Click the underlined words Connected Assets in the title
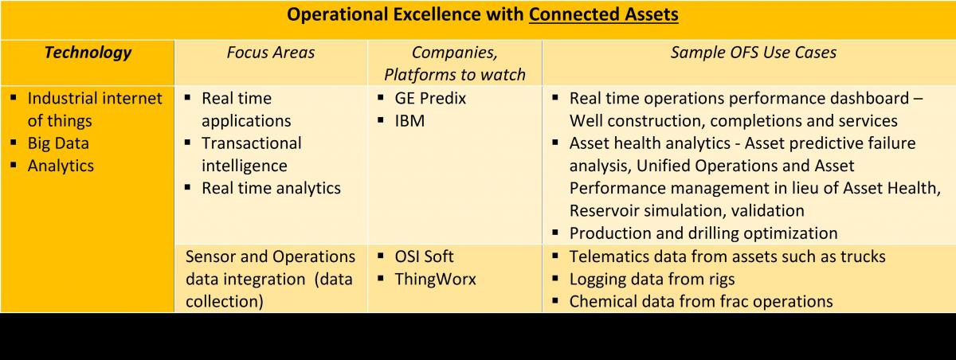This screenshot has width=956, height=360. [x=604, y=14]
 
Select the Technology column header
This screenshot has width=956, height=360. [x=88, y=53]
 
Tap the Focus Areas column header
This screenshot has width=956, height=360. [x=271, y=53]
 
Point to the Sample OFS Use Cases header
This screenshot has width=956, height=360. [x=754, y=53]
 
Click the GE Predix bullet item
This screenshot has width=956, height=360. [x=430, y=99]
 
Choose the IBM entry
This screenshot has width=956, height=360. [x=409, y=121]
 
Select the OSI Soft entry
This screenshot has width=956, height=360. [x=424, y=256]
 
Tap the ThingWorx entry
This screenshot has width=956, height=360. [x=435, y=280]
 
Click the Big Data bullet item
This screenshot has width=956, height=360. [x=58, y=143]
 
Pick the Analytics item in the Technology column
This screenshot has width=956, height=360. [x=61, y=166]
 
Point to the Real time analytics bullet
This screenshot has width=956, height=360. [x=271, y=189]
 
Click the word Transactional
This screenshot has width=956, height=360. [x=252, y=143]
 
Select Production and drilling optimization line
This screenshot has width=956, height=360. [x=703, y=233]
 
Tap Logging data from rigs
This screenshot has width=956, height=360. [x=652, y=280]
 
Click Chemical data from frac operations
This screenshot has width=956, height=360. [x=701, y=302]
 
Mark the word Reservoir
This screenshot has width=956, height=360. [x=603, y=211]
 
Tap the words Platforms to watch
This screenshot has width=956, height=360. [x=455, y=75]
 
